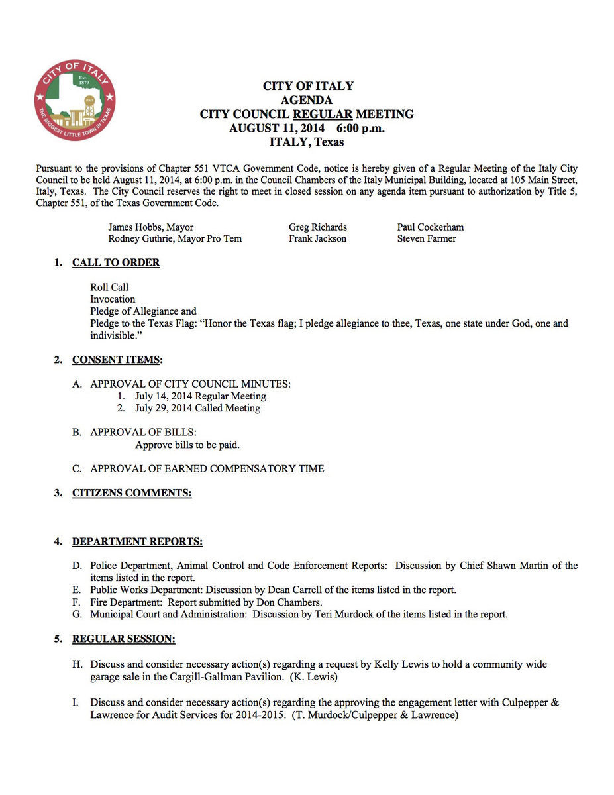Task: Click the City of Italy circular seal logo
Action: pyautogui.click(x=75, y=99)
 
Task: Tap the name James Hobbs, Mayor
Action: pyautogui.click(x=151, y=227)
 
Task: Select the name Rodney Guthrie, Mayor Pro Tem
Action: pyautogui.click(x=175, y=238)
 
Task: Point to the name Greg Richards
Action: pyautogui.click(x=318, y=227)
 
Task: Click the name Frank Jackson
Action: pyautogui.click(x=317, y=238)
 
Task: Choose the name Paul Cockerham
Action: pyautogui.click(x=431, y=227)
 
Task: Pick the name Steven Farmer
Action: pyautogui.click(x=427, y=238)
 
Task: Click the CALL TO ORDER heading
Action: pyautogui.click(x=116, y=263)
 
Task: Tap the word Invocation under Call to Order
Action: pyautogui.click(x=113, y=299)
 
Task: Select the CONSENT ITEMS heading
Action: pyautogui.click(x=116, y=360)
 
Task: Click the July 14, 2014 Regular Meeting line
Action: pyautogui.click(x=200, y=396)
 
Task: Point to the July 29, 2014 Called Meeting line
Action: pyautogui.click(x=197, y=408)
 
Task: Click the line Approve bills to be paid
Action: pyautogui.click(x=187, y=445)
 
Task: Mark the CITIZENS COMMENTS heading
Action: pyautogui.click(x=132, y=493)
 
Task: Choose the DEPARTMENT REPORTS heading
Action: pyautogui.click(x=137, y=542)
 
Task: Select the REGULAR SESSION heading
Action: pyautogui.click(x=124, y=639)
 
